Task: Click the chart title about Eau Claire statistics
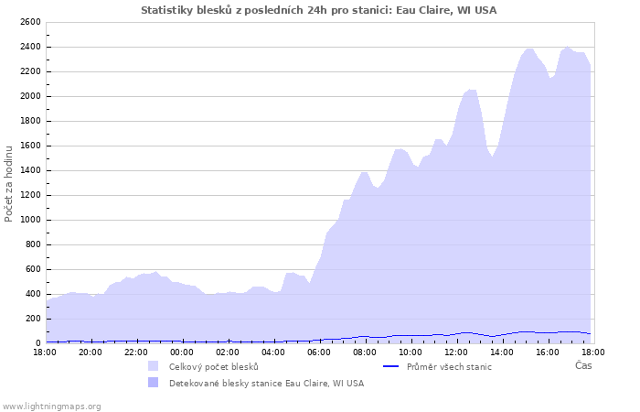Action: (x=319, y=10)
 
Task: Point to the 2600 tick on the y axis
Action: (x=30, y=22)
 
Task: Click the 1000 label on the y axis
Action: (x=30, y=220)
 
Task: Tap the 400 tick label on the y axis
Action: (x=33, y=294)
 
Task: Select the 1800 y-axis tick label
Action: (x=30, y=121)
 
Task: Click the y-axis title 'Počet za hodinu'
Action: (x=9, y=182)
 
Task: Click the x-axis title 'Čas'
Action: (x=582, y=366)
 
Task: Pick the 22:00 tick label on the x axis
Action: (x=136, y=352)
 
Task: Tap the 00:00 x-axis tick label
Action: (x=182, y=352)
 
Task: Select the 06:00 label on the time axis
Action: (x=319, y=352)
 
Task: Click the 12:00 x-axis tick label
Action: (x=456, y=352)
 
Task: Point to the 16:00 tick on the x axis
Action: (x=548, y=352)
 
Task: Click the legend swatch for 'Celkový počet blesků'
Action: (x=153, y=366)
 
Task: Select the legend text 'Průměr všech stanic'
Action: (x=451, y=366)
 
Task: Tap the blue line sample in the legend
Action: (x=390, y=366)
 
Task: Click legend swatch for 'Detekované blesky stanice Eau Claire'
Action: (x=153, y=383)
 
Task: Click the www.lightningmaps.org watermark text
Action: (x=52, y=406)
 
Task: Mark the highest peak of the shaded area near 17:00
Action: (x=568, y=47)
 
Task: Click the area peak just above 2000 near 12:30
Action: (x=471, y=90)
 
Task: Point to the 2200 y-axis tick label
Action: (x=30, y=71)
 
